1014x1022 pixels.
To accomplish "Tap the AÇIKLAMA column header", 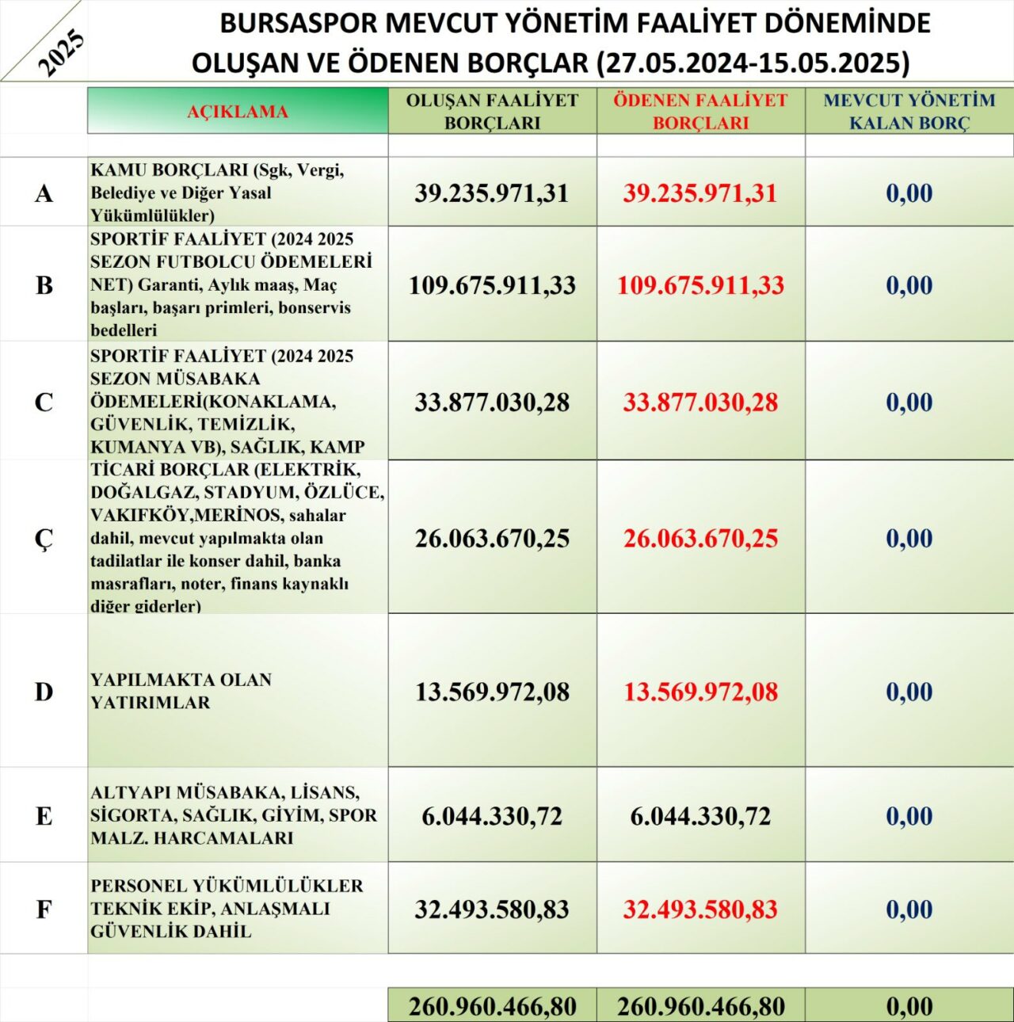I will tap(237, 112).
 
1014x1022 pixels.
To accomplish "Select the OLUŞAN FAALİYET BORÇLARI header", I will tap(492, 112).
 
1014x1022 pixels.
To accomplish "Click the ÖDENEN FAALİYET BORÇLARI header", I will tap(700, 112).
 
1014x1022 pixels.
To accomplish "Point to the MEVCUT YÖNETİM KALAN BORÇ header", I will tap(909, 112).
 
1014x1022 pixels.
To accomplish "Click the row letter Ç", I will tap(44, 539).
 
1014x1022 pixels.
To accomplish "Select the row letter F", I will tap(44, 910).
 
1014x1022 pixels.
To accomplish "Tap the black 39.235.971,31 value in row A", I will tap(492, 193).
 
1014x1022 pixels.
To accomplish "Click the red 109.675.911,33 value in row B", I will tap(700, 285).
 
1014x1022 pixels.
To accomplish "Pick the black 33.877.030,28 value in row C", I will tap(492, 402).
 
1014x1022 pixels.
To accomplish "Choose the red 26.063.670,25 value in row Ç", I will tap(700, 539).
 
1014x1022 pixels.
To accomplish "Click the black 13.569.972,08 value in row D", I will tap(492, 692).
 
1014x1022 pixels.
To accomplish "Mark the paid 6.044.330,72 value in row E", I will tap(700, 816).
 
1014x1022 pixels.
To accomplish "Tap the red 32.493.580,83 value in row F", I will tap(700, 910).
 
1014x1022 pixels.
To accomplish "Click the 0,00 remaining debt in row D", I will tap(909, 692).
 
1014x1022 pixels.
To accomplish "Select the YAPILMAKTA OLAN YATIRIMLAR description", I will tap(181, 691).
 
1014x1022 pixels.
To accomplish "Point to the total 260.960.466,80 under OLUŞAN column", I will tap(492, 1007).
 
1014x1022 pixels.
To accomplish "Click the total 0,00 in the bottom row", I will tap(909, 1007).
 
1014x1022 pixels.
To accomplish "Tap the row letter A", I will tap(44, 193).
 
